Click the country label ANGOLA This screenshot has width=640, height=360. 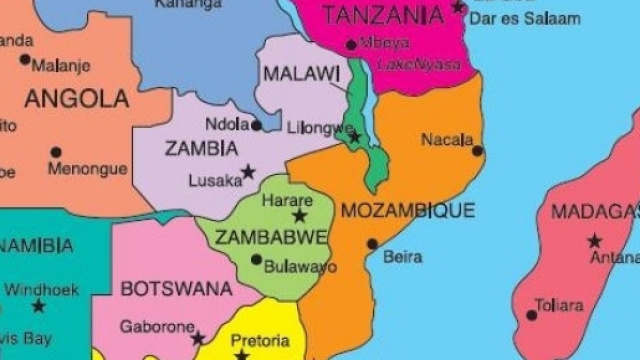pos(77,99)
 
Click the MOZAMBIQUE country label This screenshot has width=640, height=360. pos(408,211)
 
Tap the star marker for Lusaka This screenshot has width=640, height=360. pos(248,172)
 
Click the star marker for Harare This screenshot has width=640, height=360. pos(299,216)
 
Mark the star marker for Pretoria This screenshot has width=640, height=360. pos(241,354)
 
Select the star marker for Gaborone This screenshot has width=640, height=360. pos(198,338)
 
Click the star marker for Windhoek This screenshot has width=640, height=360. pos(38,306)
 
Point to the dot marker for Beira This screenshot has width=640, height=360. pos(372,243)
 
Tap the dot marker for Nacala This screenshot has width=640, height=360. pos(477,151)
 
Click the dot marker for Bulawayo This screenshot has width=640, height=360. pos(256,260)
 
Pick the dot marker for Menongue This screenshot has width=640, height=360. pos(55,153)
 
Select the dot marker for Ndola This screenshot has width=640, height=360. pos(257,125)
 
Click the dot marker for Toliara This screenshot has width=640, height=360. pos(532,315)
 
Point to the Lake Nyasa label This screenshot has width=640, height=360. pos(420,65)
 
